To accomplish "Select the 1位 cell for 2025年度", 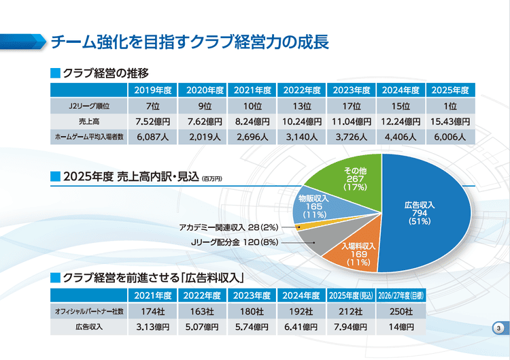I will click(x=449, y=106).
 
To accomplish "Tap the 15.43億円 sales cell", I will click(x=449, y=122).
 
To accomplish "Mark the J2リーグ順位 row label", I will click(x=89, y=106).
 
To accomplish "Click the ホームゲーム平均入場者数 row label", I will click(x=89, y=137).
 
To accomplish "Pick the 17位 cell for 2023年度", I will click(x=351, y=106).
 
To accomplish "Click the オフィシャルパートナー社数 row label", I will click(x=88, y=311).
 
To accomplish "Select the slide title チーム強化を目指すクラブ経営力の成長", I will click(x=190, y=43).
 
